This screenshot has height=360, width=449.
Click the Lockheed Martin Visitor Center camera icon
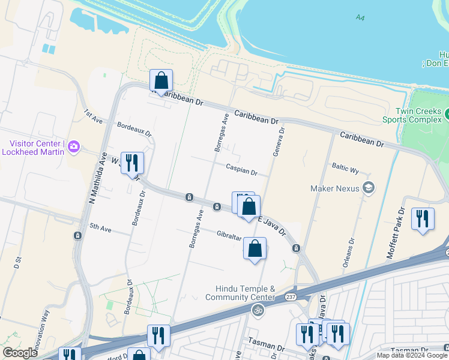(x=74, y=146)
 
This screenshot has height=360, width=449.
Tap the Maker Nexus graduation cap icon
(x=369, y=188)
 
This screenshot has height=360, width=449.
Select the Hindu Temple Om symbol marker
(x=258, y=310)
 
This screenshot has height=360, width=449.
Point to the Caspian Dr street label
(x=242, y=170)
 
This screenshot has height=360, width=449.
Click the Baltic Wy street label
(x=345, y=167)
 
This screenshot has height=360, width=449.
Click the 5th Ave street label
(x=101, y=227)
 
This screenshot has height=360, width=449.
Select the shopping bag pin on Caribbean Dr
(x=161, y=80)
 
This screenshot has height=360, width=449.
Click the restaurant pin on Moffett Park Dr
(x=423, y=218)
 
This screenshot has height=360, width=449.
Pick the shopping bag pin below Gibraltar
(x=255, y=248)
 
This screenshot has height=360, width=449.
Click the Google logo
(x=20, y=353)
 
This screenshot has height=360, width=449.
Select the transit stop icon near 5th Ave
(x=77, y=235)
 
